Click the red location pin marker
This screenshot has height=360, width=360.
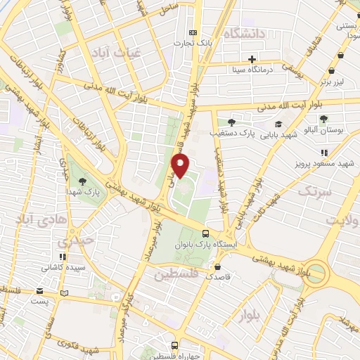(x=181, y=166)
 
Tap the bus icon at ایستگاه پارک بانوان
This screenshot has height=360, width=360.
(x=205, y=233)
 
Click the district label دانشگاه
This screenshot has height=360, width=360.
(x=243, y=33)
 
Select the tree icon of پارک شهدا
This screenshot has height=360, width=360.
(x=83, y=181)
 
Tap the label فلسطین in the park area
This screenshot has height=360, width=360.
(x=176, y=272)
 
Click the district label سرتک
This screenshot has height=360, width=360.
(x=314, y=191)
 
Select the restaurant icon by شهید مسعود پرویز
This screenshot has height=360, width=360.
(x=324, y=153)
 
